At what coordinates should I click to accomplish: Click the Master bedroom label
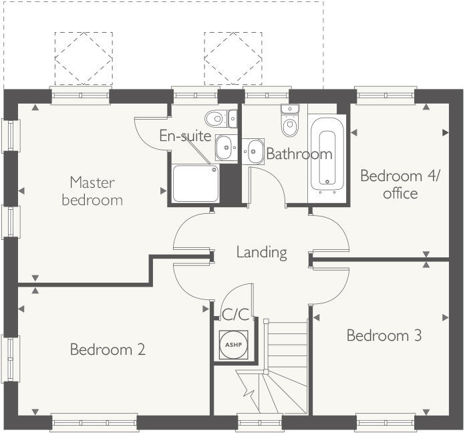click(x=92, y=190)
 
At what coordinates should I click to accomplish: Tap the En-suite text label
click(x=185, y=136)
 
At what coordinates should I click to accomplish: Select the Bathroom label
click(x=299, y=154)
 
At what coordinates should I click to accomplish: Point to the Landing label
click(x=261, y=253)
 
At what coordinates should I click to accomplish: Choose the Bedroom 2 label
click(x=108, y=349)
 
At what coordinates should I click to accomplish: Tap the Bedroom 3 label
click(x=383, y=335)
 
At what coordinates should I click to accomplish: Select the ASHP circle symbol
click(x=233, y=344)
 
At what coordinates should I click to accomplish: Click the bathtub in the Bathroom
click(x=327, y=158)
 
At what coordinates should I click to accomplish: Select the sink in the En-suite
click(x=225, y=146)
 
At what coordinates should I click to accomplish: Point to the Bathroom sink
click(x=254, y=151)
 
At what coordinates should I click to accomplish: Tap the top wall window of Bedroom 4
click(x=385, y=96)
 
